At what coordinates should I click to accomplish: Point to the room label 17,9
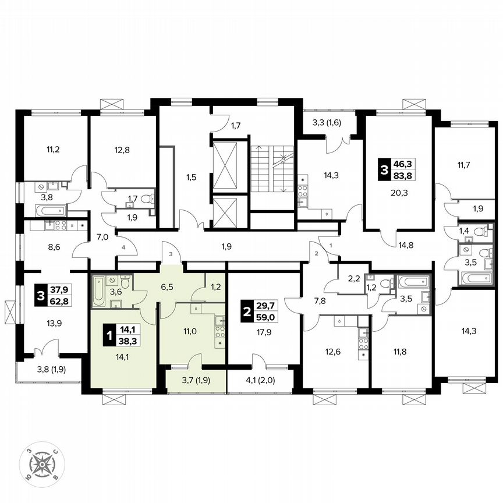click(264, 334)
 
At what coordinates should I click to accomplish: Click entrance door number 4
click(123, 247)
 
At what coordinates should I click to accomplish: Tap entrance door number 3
click(171, 254)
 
